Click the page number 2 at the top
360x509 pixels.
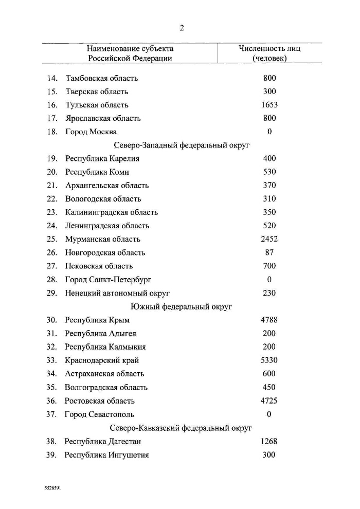[x=182, y=28]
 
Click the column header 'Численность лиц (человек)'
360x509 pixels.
[x=269, y=53]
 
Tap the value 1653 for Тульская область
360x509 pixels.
[x=269, y=105]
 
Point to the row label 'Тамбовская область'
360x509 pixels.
[x=101, y=78]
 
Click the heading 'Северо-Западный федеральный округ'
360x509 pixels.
[x=182, y=146]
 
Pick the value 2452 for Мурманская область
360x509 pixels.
[x=269, y=239]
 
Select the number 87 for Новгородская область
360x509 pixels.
[x=269, y=252]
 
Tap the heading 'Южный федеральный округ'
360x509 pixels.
[x=182, y=307]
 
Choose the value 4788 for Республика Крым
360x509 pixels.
[x=269, y=320]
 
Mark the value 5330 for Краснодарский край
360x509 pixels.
[x=269, y=360]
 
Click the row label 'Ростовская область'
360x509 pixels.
[x=100, y=401]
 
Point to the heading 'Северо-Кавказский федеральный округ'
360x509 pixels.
[x=182, y=428]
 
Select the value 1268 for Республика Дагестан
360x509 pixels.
[x=269, y=441]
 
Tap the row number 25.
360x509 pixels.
[x=51, y=239]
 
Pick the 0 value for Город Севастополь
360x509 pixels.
[x=269, y=414]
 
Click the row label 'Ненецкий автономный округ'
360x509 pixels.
[x=117, y=293]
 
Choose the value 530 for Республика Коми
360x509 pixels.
[x=269, y=172]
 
